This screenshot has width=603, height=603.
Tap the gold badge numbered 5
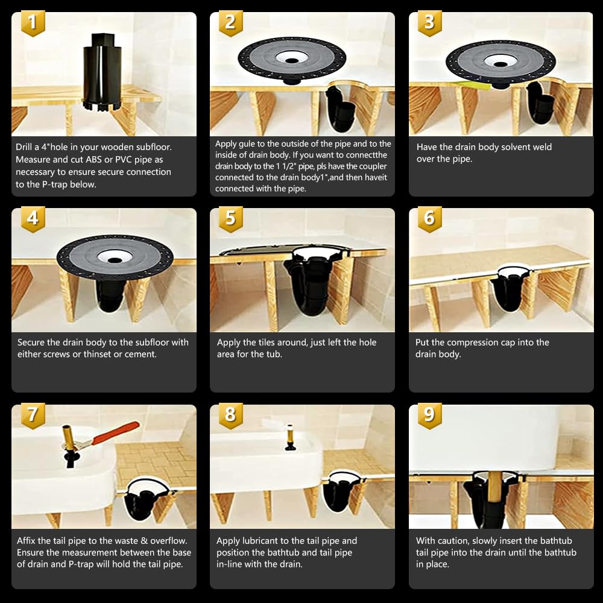[230, 218]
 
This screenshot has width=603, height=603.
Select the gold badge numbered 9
[429, 415]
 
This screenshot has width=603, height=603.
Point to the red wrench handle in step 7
[115, 432]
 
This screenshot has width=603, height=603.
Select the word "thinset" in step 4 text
[106, 354]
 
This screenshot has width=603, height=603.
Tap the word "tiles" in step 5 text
[280, 343]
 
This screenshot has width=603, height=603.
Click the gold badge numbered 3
[429, 22]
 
